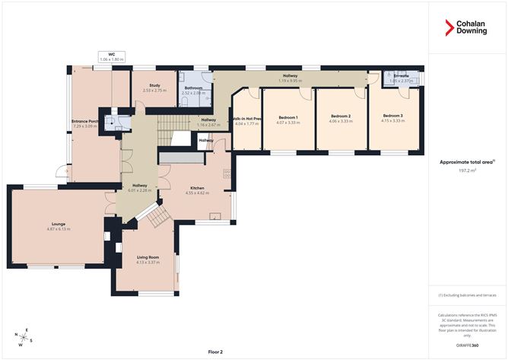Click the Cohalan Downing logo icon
click(x=449, y=28)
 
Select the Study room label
click(x=154, y=86)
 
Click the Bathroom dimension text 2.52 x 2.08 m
click(x=193, y=93)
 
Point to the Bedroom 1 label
click(x=287, y=117)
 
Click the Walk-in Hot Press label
click(x=246, y=119)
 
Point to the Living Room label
click(x=147, y=257)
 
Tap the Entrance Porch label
click(x=85, y=121)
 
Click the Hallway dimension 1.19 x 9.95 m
click(x=290, y=80)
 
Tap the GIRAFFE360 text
click(x=467, y=345)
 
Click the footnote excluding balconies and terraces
click(x=467, y=295)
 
